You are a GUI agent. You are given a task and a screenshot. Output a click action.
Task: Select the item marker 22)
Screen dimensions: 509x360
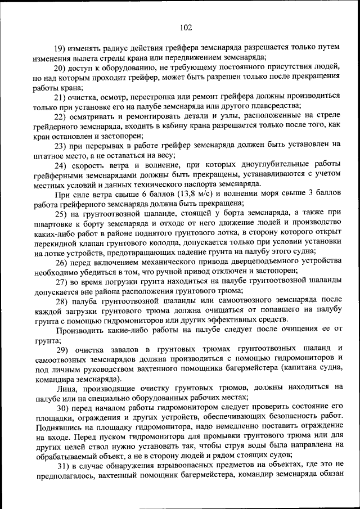click(62, 115)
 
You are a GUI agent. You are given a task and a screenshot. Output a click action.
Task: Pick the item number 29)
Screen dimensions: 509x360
click(62, 349)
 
